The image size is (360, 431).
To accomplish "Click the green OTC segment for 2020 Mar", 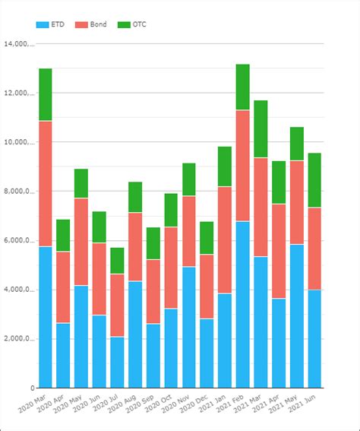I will point(46,95).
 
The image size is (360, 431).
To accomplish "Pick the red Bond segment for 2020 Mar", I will point(46,183).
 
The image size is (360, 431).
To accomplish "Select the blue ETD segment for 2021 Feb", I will point(243,304).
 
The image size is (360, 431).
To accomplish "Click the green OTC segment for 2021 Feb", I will point(243,87).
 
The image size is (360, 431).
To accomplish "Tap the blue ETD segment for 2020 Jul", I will point(117,362).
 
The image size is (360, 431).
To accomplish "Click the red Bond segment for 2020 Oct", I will point(171,268).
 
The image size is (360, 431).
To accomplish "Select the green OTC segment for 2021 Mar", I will point(261,129).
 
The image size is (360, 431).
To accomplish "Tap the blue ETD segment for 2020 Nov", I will point(189,327).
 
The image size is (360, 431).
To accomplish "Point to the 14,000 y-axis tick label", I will point(18,44).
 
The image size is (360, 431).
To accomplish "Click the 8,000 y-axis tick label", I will point(18,192).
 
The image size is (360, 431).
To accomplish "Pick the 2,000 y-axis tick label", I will point(18,339).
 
